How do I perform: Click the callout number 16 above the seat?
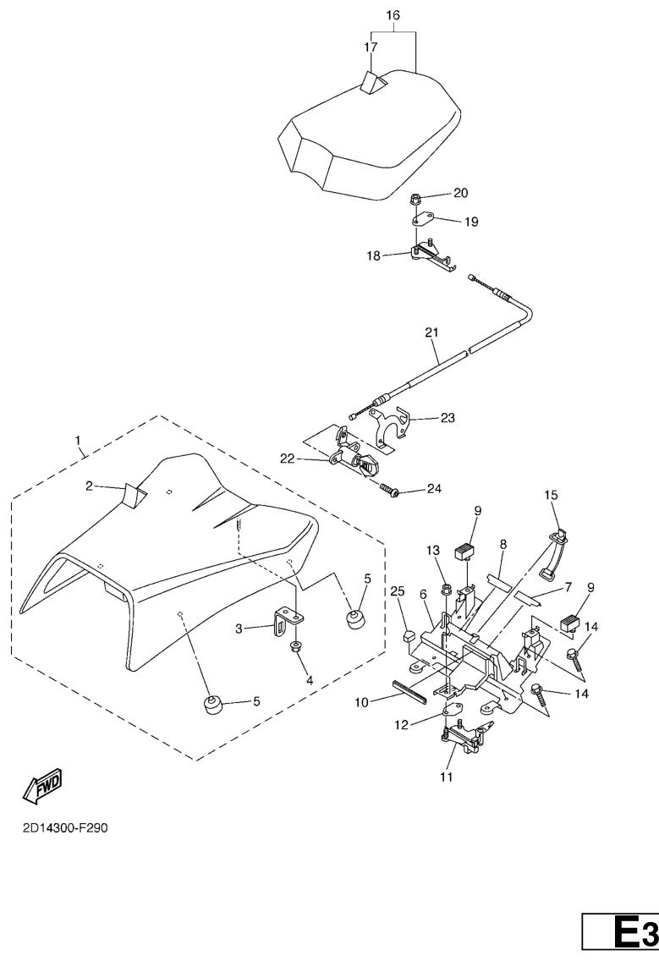[x=393, y=16]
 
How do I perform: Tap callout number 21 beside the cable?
[x=432, y=333]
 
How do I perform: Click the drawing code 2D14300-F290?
[x=65, y=827]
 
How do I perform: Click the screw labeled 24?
[x=389, y=490]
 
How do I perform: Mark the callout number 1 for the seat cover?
[x=79, y=441]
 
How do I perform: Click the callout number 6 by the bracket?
[x=423, y=595]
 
